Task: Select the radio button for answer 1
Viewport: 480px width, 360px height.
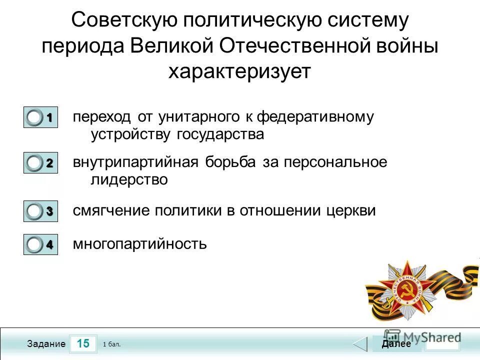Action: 35,118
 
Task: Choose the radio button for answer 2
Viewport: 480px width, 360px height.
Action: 35,163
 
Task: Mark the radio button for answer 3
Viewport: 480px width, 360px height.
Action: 35,211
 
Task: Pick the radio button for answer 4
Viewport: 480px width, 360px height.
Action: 35,245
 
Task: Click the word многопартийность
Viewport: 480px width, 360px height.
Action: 139,244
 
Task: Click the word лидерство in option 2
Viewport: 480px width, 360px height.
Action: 129,179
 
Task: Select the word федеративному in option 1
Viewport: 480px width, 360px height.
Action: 315,117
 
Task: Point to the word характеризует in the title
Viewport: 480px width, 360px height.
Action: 239,71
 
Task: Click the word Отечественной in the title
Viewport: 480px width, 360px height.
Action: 290,46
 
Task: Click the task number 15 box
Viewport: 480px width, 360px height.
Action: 83,344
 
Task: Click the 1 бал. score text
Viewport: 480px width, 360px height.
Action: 111,344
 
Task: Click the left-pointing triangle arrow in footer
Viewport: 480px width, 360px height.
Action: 360,344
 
